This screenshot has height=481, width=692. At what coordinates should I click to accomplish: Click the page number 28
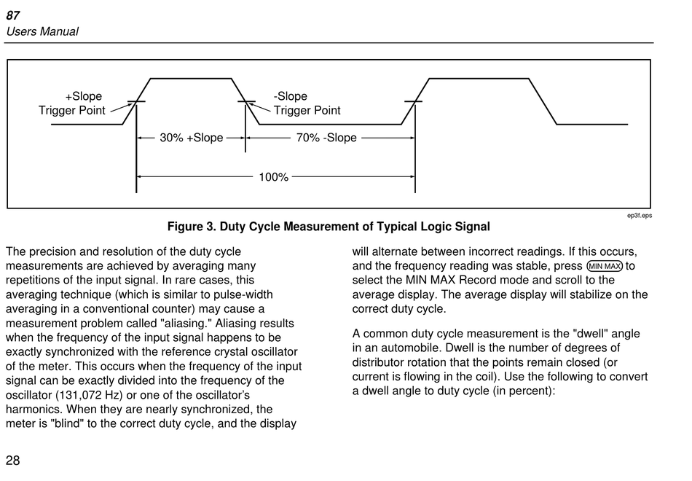[13, 460]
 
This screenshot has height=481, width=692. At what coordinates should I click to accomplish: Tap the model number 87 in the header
[13, 15]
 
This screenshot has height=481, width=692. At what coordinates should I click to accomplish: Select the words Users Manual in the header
[42, 31]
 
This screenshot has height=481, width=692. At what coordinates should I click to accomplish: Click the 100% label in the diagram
[274, 177]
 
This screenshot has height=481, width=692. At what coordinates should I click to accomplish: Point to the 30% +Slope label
[192, 138]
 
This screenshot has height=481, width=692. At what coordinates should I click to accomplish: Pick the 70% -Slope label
[326, 138]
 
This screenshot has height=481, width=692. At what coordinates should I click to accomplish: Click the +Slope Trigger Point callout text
[72, 103]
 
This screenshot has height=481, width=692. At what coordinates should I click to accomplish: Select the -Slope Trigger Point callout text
[307, 103]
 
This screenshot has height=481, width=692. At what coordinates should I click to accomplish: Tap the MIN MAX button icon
[605, 266]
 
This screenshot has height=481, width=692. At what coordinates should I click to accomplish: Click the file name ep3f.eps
[640, 216]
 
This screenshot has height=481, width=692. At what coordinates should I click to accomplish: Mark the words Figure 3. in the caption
[191, 227]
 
